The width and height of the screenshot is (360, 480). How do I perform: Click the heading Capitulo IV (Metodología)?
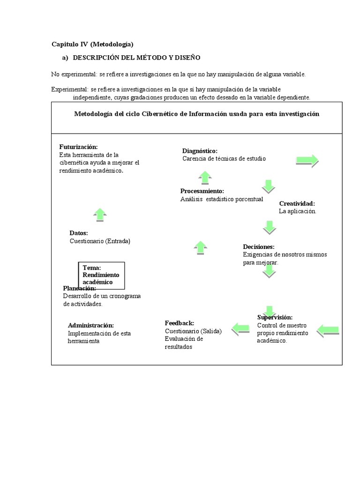(x=92, y=45)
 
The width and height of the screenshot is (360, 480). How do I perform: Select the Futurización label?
(x=78, y=147)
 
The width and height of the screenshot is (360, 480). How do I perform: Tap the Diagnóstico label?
(x=200, y=150)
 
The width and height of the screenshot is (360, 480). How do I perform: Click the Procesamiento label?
(x=202, y=191)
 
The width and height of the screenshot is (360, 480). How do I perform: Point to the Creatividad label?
(x=297, y=203)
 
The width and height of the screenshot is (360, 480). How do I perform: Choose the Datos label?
(x=79, y=233)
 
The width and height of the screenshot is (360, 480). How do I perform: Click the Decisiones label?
(x=259, y=247)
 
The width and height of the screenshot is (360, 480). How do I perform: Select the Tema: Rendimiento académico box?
(x=101, y=275)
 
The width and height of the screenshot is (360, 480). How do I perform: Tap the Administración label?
(x=91, y=325)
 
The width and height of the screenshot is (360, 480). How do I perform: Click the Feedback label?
(x=180, y=323)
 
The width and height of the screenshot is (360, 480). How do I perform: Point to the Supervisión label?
(x=275, y=317)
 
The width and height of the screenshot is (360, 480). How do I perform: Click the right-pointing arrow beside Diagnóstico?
(x=307, y=161)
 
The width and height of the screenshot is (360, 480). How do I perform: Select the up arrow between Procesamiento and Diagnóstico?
(x=205, y=178)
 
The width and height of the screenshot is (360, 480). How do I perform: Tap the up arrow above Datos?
(x=100, y=214)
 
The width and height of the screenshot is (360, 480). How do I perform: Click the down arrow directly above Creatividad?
(x=268, y=186)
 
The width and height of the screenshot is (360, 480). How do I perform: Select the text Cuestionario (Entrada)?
(x=100, y=241)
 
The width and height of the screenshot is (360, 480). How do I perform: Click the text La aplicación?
(x=298, y=211)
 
